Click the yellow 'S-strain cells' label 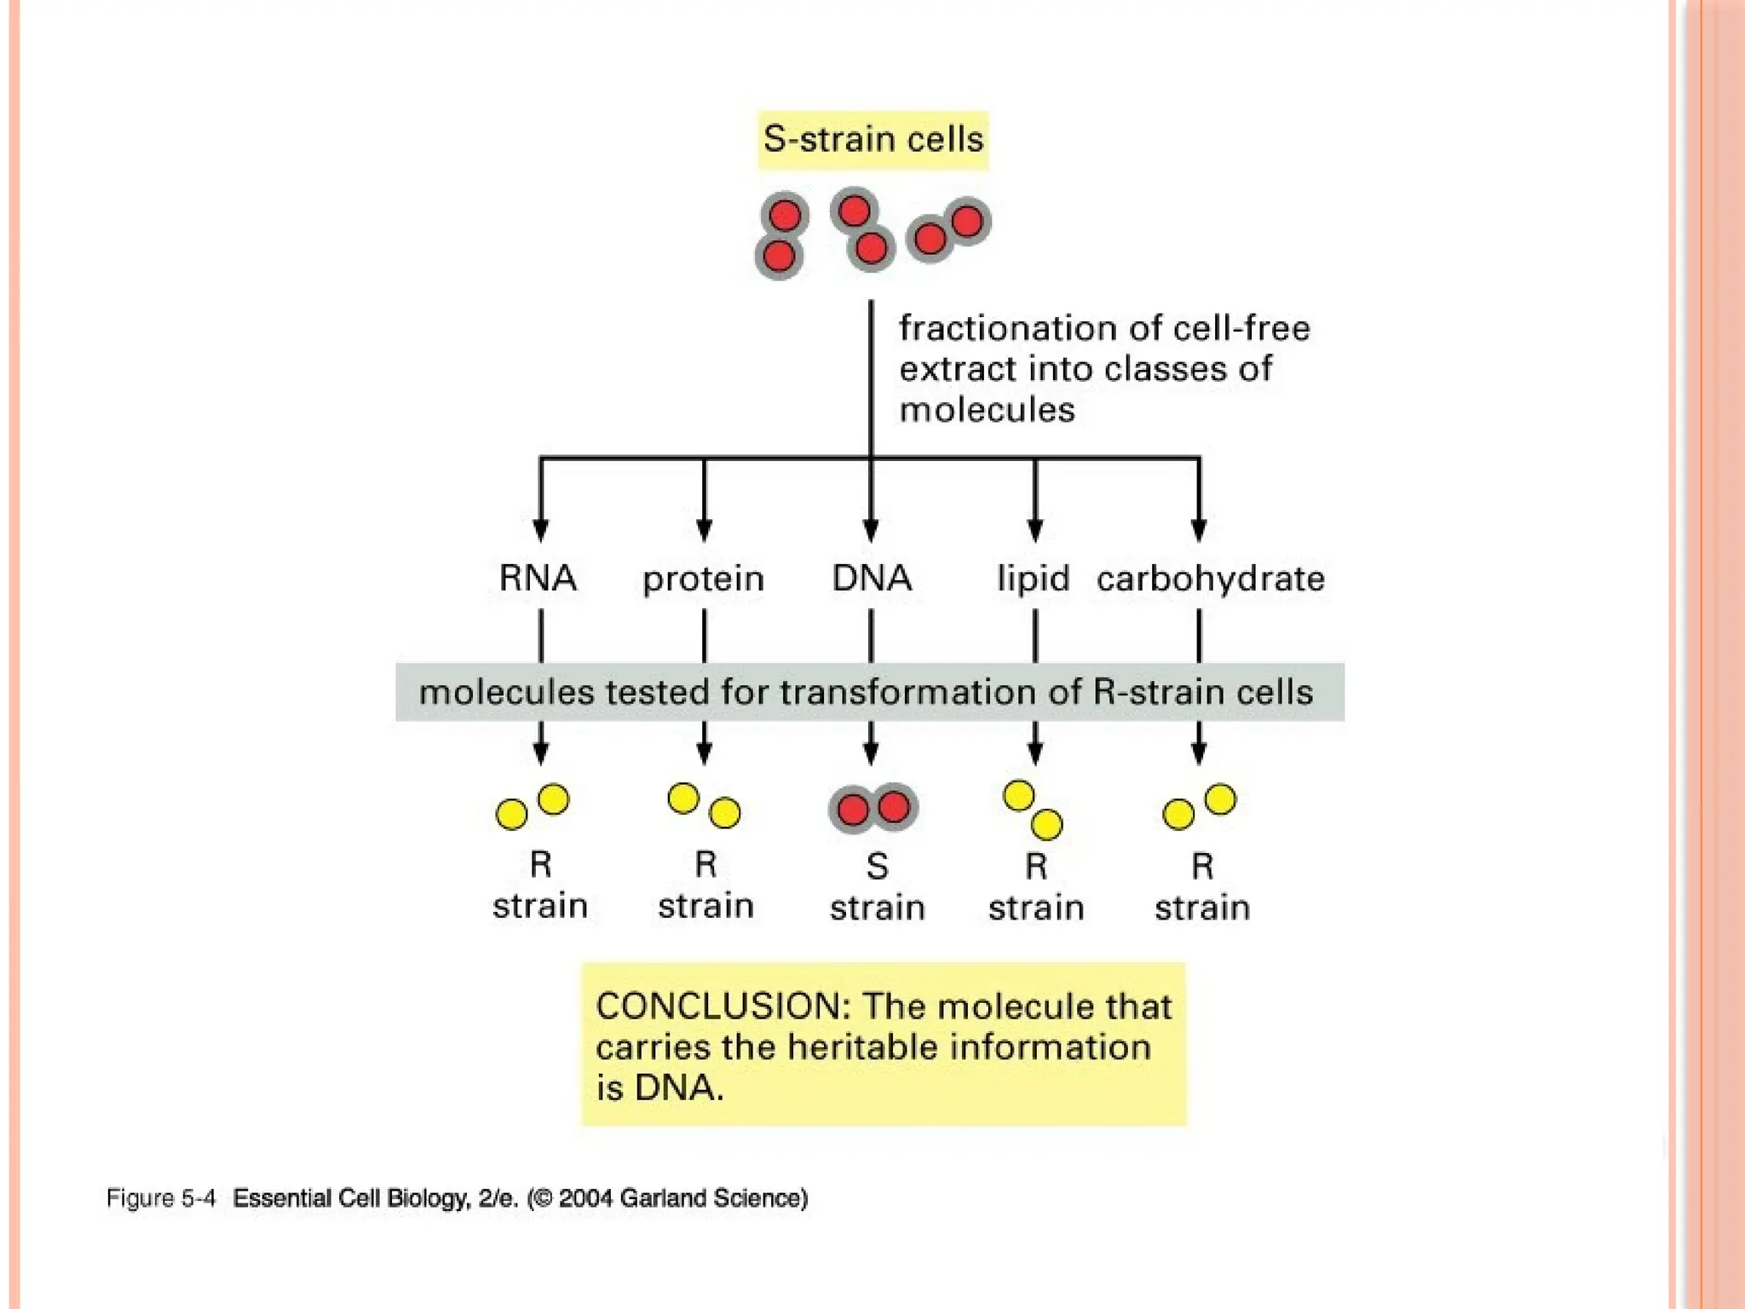[873, 140]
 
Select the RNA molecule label [538, 579]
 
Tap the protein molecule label [704, 580]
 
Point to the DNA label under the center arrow [872, 579]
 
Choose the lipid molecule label [1034, 579]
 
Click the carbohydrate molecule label [1211, 580]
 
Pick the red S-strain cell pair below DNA [873, 808]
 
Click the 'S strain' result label [878, 887]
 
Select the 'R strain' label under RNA [540, 885]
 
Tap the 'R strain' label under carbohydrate [1202, 887]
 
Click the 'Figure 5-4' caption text [161, 1198]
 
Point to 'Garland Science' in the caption [712, 1198]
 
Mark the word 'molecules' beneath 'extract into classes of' [987, 410]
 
